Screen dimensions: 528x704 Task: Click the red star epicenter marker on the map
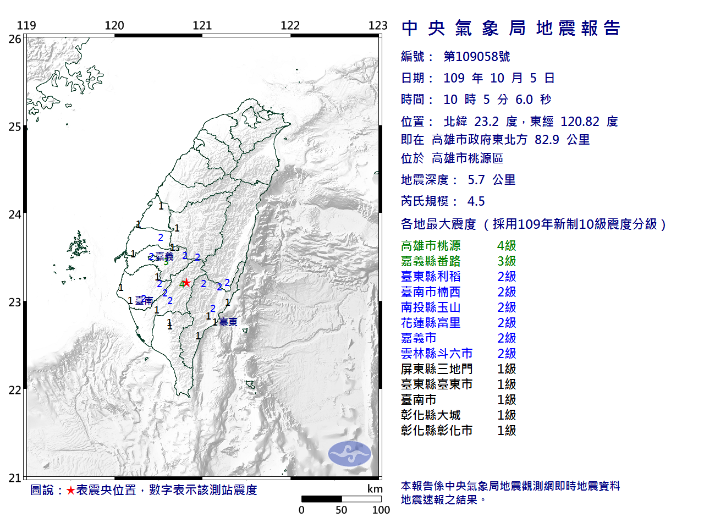coord(187,283)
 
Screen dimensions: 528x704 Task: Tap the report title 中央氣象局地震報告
coord(511,28)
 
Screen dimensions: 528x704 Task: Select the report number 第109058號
coord(477,57)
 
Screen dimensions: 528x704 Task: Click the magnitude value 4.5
coord(476,201)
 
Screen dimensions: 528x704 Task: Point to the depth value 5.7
coord(476,180)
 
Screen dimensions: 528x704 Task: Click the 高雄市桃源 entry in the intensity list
coord(431,246)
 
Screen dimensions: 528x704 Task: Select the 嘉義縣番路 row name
coord(431,261)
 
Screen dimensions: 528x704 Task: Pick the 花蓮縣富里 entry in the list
coord(431,323)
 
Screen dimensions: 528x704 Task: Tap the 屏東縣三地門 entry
coord(437,369)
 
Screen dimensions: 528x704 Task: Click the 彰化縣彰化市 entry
coord(437,431)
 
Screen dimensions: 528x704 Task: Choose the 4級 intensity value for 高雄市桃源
coord(507,246)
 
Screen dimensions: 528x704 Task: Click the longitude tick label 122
coord(290,25)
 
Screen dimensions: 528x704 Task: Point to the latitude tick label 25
coord(15,127)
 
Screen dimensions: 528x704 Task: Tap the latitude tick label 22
coord(15,391)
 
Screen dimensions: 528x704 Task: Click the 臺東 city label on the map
coord(228,322)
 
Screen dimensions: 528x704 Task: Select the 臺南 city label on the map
coord(144,301)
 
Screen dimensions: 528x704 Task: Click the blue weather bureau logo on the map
coord(350,454)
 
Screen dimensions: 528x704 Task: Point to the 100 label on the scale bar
coord(381,510)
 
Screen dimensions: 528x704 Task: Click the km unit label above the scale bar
coord(375,489)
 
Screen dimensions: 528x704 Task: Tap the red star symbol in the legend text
coord(70,490)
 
